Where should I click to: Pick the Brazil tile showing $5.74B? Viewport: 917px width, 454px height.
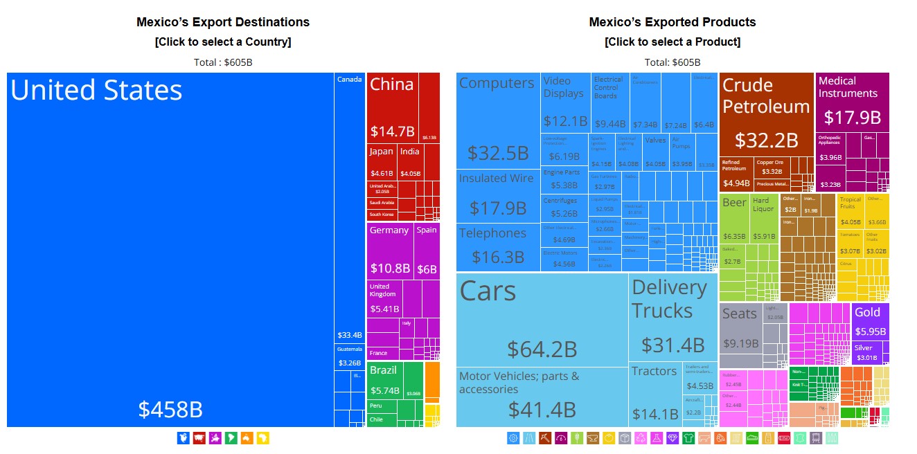tap(384, 380)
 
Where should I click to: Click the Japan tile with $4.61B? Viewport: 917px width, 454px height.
tap(381, 163)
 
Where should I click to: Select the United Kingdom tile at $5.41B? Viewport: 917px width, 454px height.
tap(384, 298)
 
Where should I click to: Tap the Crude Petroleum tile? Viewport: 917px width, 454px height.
tap(766, 114)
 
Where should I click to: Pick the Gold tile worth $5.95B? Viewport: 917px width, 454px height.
tap(870, 321)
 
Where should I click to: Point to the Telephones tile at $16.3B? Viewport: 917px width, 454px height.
tap(497, 246)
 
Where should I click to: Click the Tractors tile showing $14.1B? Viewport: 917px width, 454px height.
tap(655, 394)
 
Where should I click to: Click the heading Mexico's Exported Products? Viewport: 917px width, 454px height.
tap(672, 22)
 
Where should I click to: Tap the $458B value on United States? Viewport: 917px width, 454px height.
tap(170, 410)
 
